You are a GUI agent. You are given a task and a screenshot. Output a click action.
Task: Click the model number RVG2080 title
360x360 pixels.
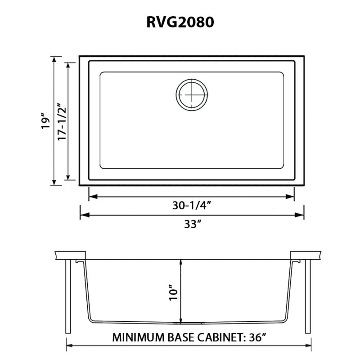click(180, 23)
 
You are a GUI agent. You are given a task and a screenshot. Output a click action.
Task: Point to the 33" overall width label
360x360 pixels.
click(192, 224)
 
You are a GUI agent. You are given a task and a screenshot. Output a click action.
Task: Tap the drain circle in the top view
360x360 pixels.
click(192, 95)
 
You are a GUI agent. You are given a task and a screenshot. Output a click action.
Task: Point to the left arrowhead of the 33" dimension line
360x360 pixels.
click(83, 215)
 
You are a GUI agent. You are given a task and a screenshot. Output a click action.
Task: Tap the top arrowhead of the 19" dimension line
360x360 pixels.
click(54, 60)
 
